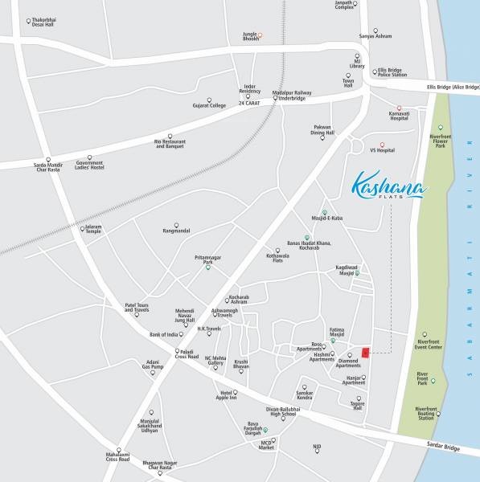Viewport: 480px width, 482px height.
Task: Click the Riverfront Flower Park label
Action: tap(440, 141)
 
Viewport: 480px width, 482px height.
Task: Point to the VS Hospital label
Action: tap(382, 150)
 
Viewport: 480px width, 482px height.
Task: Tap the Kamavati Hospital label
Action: tap(399, 118)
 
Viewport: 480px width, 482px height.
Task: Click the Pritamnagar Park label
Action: tap(208, 259)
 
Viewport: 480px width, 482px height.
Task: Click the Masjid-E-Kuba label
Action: tap(326, 219)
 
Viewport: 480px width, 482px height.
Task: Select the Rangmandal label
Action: tap(176, 231)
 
